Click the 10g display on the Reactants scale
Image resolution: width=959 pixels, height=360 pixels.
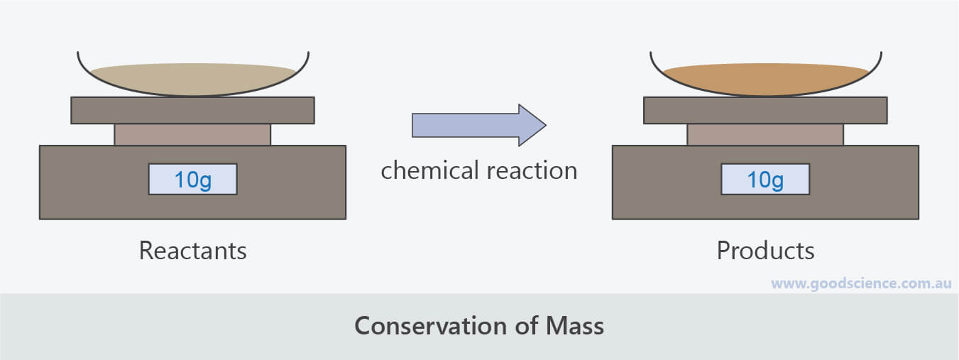click(x=192, y=179)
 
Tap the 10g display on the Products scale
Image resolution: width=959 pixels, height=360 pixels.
click(x=765, y=179)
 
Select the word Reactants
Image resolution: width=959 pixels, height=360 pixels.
click(x=192, y=251)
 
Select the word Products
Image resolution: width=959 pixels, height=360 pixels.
click(x=765, y=251)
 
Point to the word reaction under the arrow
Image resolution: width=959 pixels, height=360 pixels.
click(x=531, y=170)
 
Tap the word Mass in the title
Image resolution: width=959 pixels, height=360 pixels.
click(x=575, y=326)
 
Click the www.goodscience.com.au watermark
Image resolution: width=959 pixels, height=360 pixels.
click(x=860, y=283)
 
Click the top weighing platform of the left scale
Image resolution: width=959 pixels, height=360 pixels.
click(x=192, y=110)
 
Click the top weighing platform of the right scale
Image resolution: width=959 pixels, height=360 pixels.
click(x=765, y=110)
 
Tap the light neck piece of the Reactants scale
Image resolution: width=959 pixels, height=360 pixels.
click(x=192, y=134)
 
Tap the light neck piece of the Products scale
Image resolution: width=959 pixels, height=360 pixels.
click(x=765, y=134)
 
